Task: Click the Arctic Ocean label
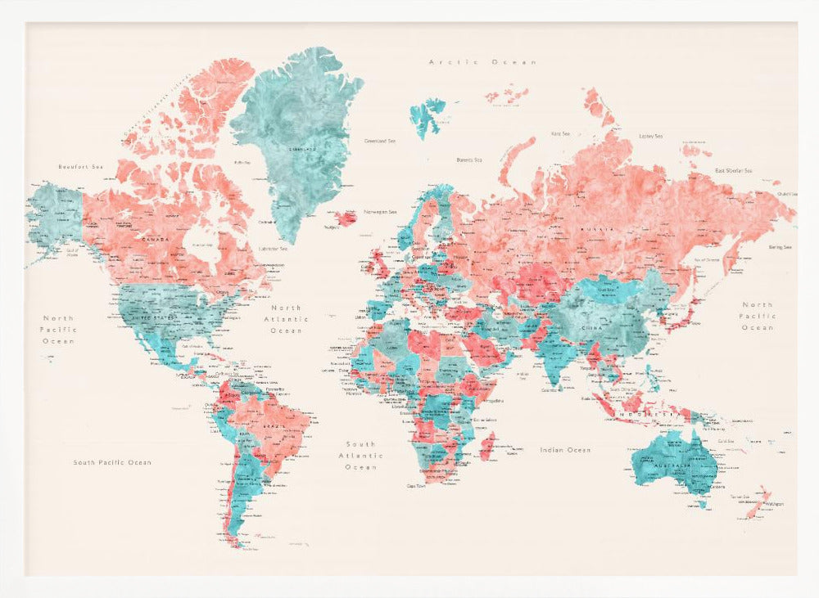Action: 482,62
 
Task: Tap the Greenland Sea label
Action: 380,141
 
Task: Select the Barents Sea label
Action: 469,160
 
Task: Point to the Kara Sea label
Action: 560,133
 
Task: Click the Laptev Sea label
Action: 650,136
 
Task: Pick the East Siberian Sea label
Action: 733,171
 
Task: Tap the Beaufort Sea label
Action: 81,167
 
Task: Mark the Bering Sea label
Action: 779,247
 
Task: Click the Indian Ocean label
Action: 565,450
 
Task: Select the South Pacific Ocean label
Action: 112,462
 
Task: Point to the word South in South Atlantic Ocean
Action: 360,444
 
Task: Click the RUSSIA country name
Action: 595,230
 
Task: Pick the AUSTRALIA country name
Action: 674,467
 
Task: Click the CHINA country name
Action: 615,328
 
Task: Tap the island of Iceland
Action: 346,218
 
